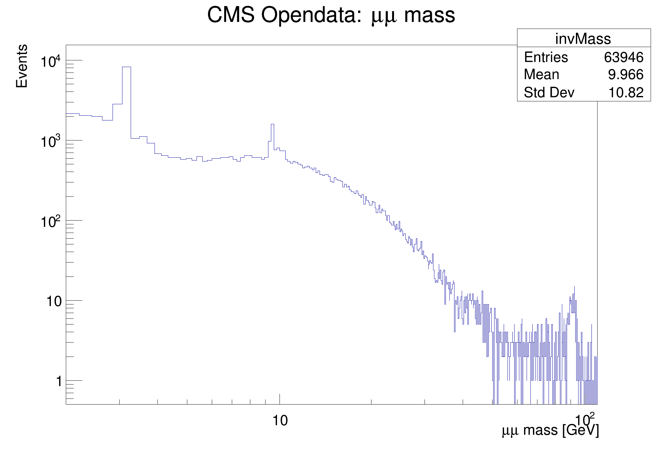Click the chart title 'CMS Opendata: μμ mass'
331,15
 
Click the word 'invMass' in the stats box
583,39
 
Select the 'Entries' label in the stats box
546,58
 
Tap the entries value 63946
624,58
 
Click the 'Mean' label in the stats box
541,75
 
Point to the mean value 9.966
626,75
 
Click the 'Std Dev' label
549,92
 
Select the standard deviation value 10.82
626,92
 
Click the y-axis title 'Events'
22,66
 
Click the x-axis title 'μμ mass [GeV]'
550,431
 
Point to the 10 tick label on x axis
280,420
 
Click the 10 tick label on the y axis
53,301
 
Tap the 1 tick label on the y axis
59,381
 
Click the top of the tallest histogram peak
126,67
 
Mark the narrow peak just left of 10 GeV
272,124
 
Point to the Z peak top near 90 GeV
574,286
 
